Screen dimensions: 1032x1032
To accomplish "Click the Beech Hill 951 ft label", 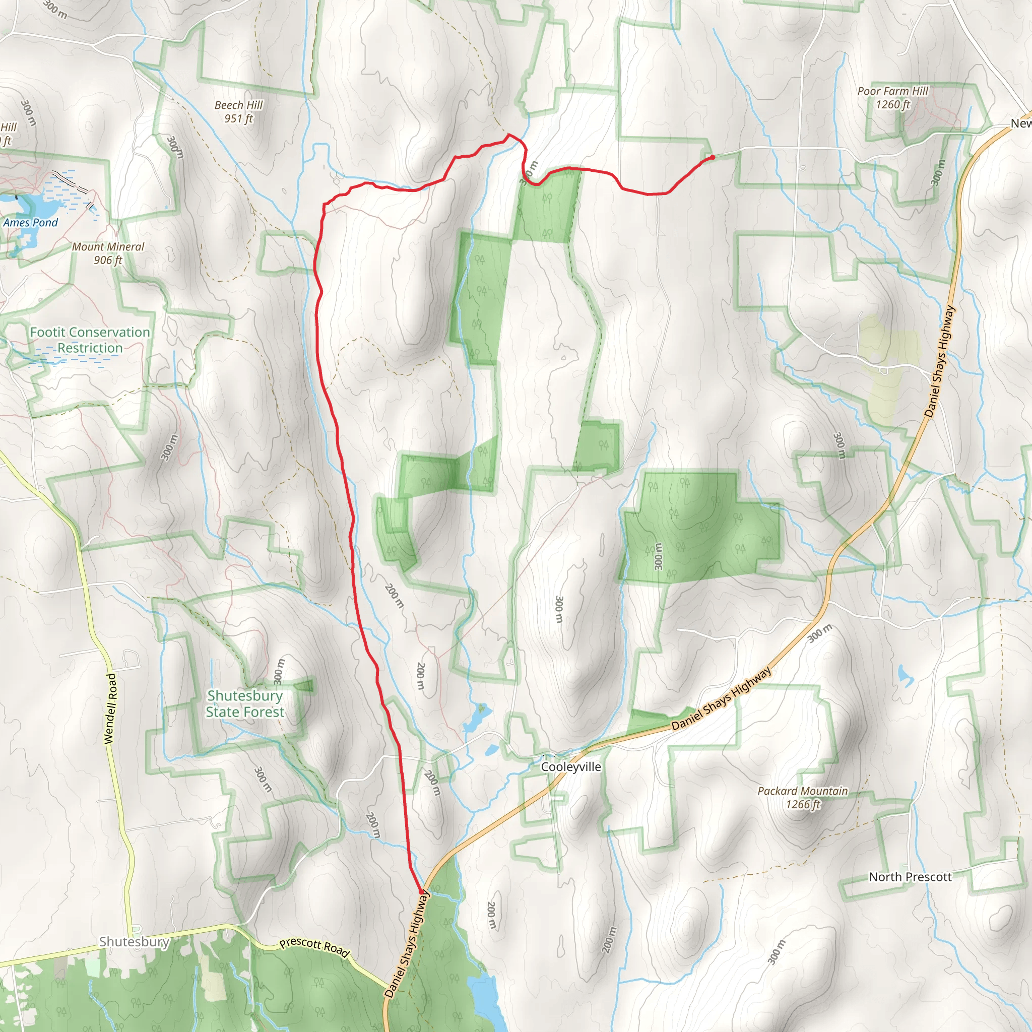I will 238,112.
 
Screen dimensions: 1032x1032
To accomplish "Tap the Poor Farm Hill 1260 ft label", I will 892,98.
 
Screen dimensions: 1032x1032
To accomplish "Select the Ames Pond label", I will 30,223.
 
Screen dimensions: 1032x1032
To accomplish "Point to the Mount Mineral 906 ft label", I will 108,253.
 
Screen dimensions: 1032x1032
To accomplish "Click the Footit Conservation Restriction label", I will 90,340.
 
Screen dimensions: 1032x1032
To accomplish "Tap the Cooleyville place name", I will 570,767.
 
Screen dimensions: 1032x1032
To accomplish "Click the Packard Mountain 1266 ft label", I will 802,797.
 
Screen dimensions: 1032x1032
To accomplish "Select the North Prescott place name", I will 910,877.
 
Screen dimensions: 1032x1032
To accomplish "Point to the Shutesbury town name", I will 134,942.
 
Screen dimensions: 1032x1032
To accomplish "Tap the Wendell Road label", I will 109,708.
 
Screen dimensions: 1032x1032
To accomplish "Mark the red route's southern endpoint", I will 421,892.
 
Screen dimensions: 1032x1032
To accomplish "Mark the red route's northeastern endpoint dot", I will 713,157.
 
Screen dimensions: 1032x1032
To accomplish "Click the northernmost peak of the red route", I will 508,135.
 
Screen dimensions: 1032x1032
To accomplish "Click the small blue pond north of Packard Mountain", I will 905,676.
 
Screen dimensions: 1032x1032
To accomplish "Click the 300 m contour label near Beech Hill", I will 175,147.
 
